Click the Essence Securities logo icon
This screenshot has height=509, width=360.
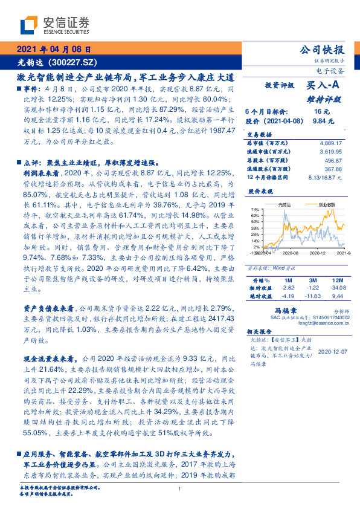30,25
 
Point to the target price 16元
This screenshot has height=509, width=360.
321,112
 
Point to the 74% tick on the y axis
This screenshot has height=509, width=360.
256,210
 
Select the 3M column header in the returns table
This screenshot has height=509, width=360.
312,280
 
